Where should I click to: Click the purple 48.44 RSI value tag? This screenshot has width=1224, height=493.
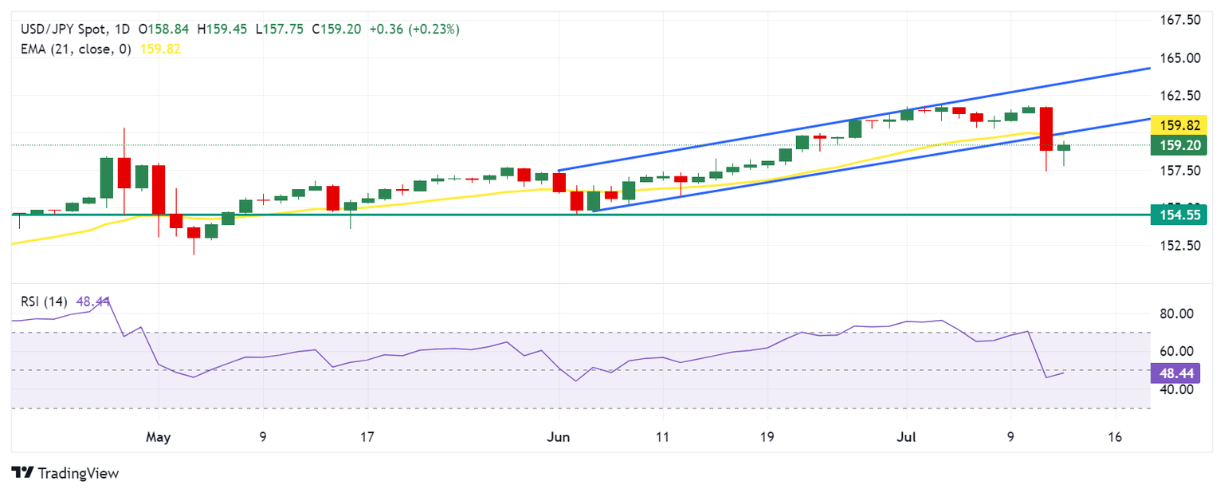tap(1175, 373)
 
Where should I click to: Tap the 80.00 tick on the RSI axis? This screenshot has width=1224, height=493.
tap(1175, 314)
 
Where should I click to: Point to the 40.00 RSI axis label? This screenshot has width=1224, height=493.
tap(1175, 389)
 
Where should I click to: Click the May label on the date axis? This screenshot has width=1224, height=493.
tap(159, 437)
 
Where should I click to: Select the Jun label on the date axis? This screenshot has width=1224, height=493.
tap(559, 437)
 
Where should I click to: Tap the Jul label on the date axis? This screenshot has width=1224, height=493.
tap(906, 437)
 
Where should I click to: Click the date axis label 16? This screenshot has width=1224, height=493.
tap(1115, 437)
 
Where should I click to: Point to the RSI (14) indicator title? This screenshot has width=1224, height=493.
tap(44, 302)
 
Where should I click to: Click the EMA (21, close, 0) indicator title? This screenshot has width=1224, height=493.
tap(76, 49)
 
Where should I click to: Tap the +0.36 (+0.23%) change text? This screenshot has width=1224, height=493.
tap(414, 30)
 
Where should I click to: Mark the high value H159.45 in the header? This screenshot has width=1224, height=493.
tap(226, 30)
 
